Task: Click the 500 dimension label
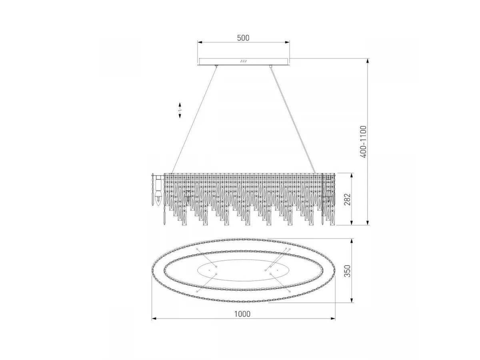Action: click(243, 38)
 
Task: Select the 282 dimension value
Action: click(347, 199)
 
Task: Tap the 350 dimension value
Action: click(347, 271)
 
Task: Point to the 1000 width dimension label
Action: click(242, 314)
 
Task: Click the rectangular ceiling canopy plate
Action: click(243, 62)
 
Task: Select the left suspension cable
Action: click(194, 120)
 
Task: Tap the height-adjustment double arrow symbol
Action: click(180, 110)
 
